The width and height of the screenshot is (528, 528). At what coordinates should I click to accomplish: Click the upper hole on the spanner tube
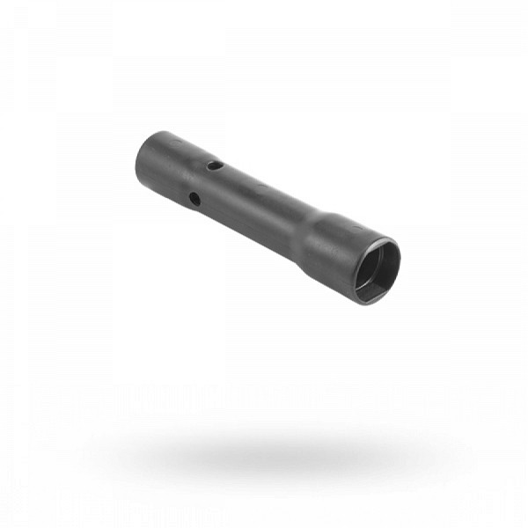point(213,164)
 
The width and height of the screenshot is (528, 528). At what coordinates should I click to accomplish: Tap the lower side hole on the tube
point(194,200)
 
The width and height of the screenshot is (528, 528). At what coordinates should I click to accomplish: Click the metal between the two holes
point(204,181)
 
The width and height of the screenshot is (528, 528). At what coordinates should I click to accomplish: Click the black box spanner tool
point(264,211)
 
